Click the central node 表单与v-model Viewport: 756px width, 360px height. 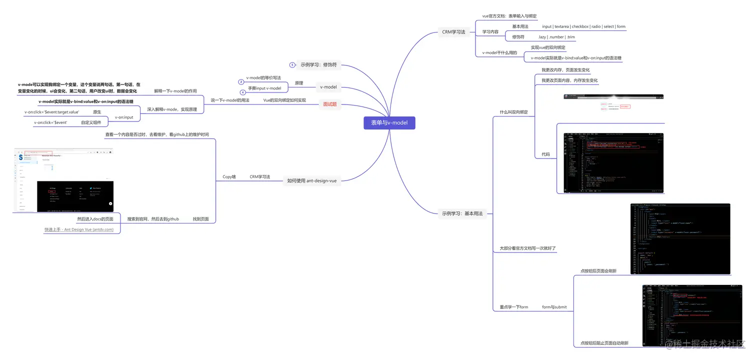[389, 123]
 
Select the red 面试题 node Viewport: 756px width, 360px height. [329, 104]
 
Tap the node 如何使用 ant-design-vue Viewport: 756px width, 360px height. [311, 180]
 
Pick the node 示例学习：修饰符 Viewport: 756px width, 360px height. [318, 65]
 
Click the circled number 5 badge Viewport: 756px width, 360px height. [292, 65]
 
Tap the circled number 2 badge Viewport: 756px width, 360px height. [241, 81]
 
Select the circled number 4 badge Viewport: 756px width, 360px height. [243, 92]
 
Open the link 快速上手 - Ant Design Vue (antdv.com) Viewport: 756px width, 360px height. [78, 229]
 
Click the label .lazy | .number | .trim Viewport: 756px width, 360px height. [556, 37]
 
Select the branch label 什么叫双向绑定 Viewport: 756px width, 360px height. [513, 112]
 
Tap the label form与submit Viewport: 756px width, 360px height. [554, 307]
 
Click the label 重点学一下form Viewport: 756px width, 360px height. [513, 307]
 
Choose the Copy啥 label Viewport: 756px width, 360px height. [229, 177]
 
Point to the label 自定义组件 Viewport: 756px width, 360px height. [91, 122]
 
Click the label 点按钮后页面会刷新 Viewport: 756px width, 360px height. [598, 270]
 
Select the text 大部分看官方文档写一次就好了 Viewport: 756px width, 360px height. [527, 248]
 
